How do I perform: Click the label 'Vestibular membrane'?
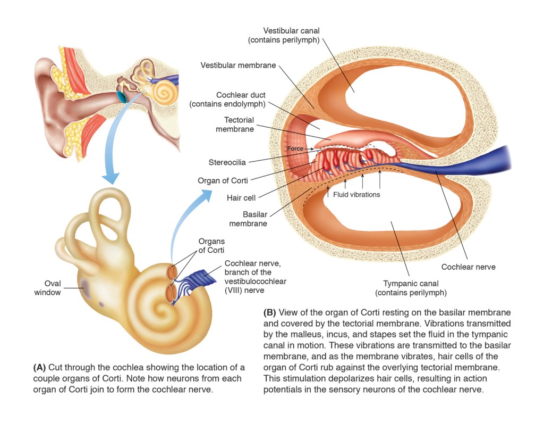[x=238, y=65]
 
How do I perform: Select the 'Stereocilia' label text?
[x=227, y=162]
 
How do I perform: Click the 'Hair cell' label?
[x=241, y=198]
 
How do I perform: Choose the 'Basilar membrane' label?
[x=248, y=219]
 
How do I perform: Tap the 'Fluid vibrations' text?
[x=356, y=194]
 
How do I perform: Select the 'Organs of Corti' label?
[x=211, y=246]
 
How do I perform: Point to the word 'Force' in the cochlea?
[x=295, y=149]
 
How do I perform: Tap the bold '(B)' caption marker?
[x=269, y=312]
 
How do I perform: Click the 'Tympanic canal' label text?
[x=411, y=283]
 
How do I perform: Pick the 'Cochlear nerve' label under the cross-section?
[x=468, y=267]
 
